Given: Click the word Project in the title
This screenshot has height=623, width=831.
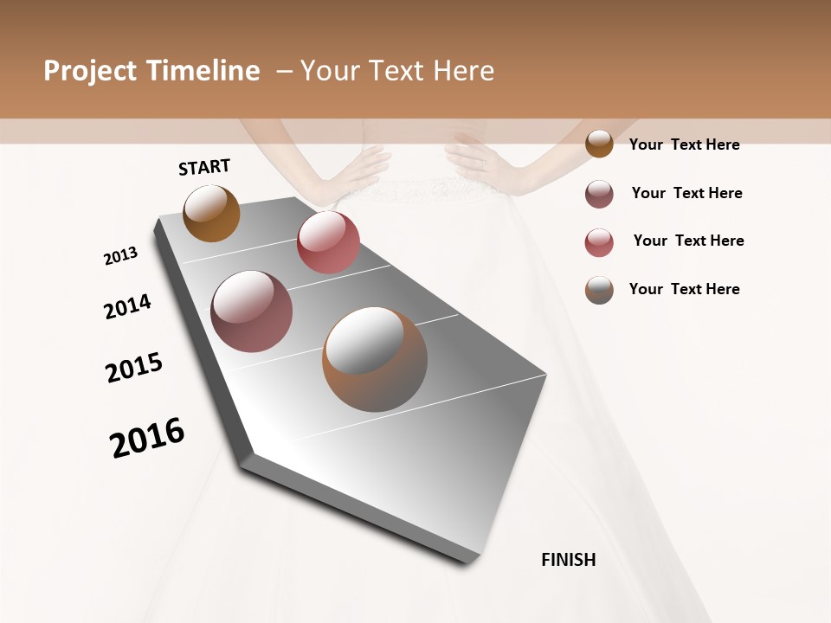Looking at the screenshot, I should (89, 71).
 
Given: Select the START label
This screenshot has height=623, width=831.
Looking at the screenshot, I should (204, 167).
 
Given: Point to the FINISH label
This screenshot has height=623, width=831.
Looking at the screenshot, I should (569, 560).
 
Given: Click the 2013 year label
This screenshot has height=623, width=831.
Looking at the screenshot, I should (120, 256).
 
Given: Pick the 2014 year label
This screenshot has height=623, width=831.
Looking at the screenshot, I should (127, 306).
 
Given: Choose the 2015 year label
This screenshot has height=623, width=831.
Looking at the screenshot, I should (134, 368).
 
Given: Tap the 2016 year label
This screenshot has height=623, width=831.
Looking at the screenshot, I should (147, 438).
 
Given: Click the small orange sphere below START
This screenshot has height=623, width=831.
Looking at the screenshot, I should (211, 213).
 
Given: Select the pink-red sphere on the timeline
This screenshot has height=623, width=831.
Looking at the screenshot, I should (328, 242).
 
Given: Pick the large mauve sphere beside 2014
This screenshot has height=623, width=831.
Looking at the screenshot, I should (251, 311).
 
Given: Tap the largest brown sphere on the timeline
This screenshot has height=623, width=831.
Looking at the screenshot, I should (375, 359).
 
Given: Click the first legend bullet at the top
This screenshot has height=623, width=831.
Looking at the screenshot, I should (599, 145).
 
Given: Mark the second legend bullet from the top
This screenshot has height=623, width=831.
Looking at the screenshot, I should (599, 194).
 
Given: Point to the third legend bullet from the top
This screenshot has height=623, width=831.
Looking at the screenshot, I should (599, 242).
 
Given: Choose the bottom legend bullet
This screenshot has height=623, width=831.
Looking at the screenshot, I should (599, 290).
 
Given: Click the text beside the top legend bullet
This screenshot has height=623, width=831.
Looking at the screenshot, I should (684, 145).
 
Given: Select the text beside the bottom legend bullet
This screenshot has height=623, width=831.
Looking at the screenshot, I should (684, 289).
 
